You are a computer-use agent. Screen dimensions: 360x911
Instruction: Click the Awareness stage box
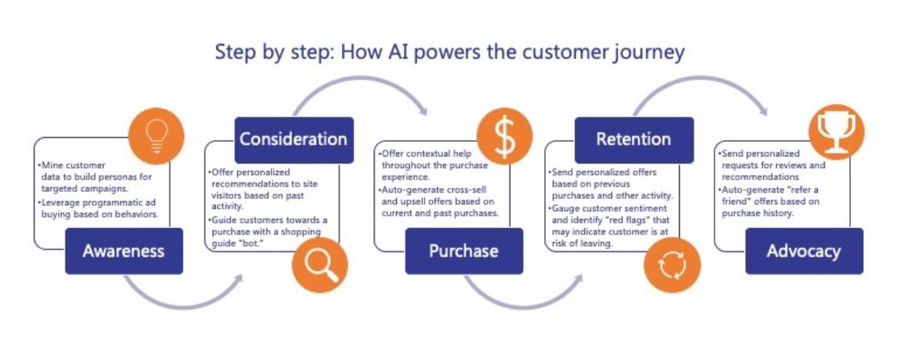pyautogui.click(x=124, y=251)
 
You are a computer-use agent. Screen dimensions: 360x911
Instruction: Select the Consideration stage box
pyautogui.click(x=294, y=140)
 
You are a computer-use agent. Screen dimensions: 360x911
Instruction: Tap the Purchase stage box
pyautogui.click(x=463, y=251)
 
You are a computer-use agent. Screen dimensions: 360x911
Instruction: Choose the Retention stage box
pyautogui.click(x=634, y=140)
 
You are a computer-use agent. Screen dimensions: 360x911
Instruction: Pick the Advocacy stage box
pyautogui.click(x=803, y=251)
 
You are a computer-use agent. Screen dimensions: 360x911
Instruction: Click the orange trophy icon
pyautogui.click(x=835, y=133)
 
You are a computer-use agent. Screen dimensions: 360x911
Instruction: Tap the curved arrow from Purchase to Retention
pyautogui.click(x=523, y=297)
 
